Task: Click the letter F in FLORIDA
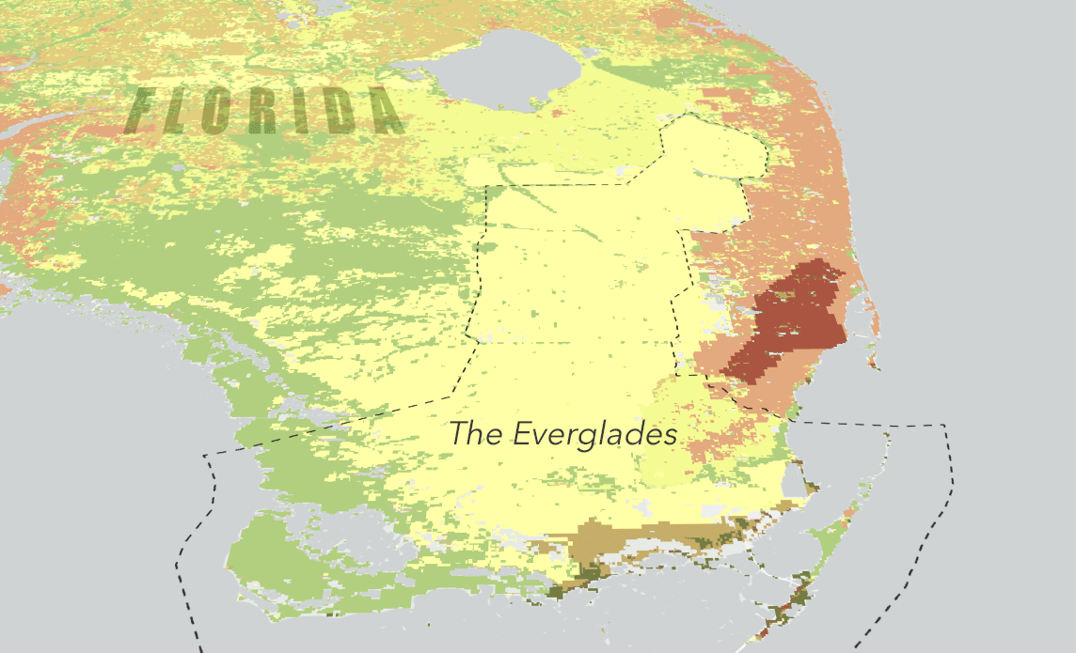(144, 110)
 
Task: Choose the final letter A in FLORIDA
(384, 111)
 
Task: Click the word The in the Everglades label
(476, 434)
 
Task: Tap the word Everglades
(595, 435)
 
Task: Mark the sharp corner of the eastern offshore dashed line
(943, 426)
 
